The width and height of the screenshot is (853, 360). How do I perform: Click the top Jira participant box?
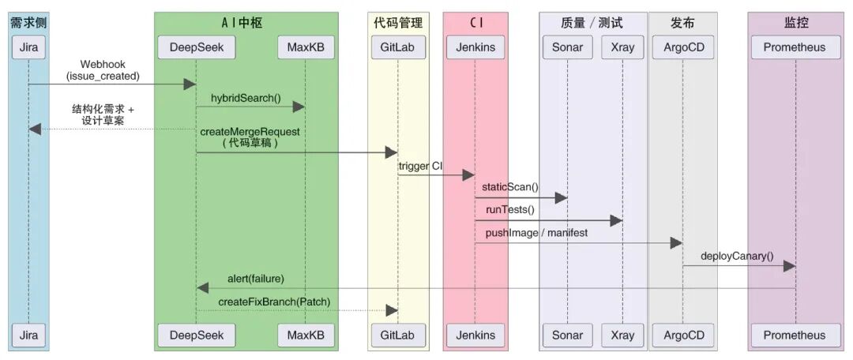28,47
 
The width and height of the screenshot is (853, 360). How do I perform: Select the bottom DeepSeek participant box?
197,335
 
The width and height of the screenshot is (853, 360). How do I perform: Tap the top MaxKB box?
306,47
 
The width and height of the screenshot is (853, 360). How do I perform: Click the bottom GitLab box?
398,335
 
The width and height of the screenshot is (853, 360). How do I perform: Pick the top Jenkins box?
475,47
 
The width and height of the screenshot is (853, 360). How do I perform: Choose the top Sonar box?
567,47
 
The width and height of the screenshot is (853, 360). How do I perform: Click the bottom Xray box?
622,335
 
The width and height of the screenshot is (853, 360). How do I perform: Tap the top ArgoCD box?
683,47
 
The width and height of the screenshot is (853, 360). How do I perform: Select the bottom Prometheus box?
794,335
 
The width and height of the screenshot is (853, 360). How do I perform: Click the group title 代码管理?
397,23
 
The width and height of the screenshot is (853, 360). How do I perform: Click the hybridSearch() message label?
245,98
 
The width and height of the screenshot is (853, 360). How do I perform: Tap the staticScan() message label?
511,187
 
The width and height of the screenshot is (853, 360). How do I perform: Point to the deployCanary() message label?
737,256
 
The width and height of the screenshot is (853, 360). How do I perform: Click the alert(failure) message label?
255,278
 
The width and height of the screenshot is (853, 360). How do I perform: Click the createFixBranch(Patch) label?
274,301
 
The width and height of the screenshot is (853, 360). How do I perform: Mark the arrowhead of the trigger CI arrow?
468,174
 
